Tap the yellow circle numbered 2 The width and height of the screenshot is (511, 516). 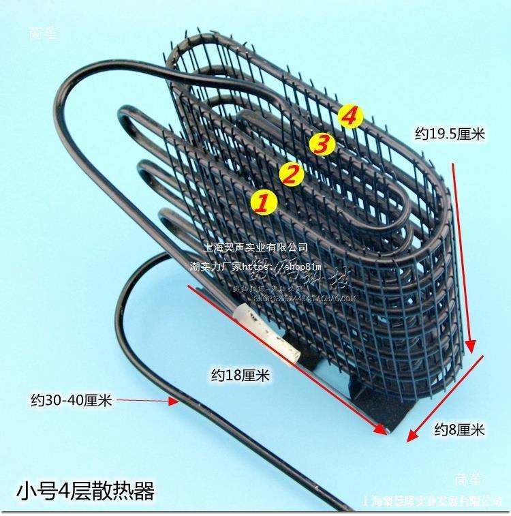[292, 174]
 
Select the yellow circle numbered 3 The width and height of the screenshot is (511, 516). [322, 144]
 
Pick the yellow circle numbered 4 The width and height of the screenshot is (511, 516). [349, 117]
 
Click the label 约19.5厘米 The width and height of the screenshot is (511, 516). [450, 134]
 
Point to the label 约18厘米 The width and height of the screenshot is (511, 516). [241, 374]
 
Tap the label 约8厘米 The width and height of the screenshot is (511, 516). [459, 429]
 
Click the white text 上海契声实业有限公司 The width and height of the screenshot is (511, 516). [256, 247]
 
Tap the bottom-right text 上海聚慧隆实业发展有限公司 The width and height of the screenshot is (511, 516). [433, 502]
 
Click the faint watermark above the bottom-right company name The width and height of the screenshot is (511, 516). [469, 477]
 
